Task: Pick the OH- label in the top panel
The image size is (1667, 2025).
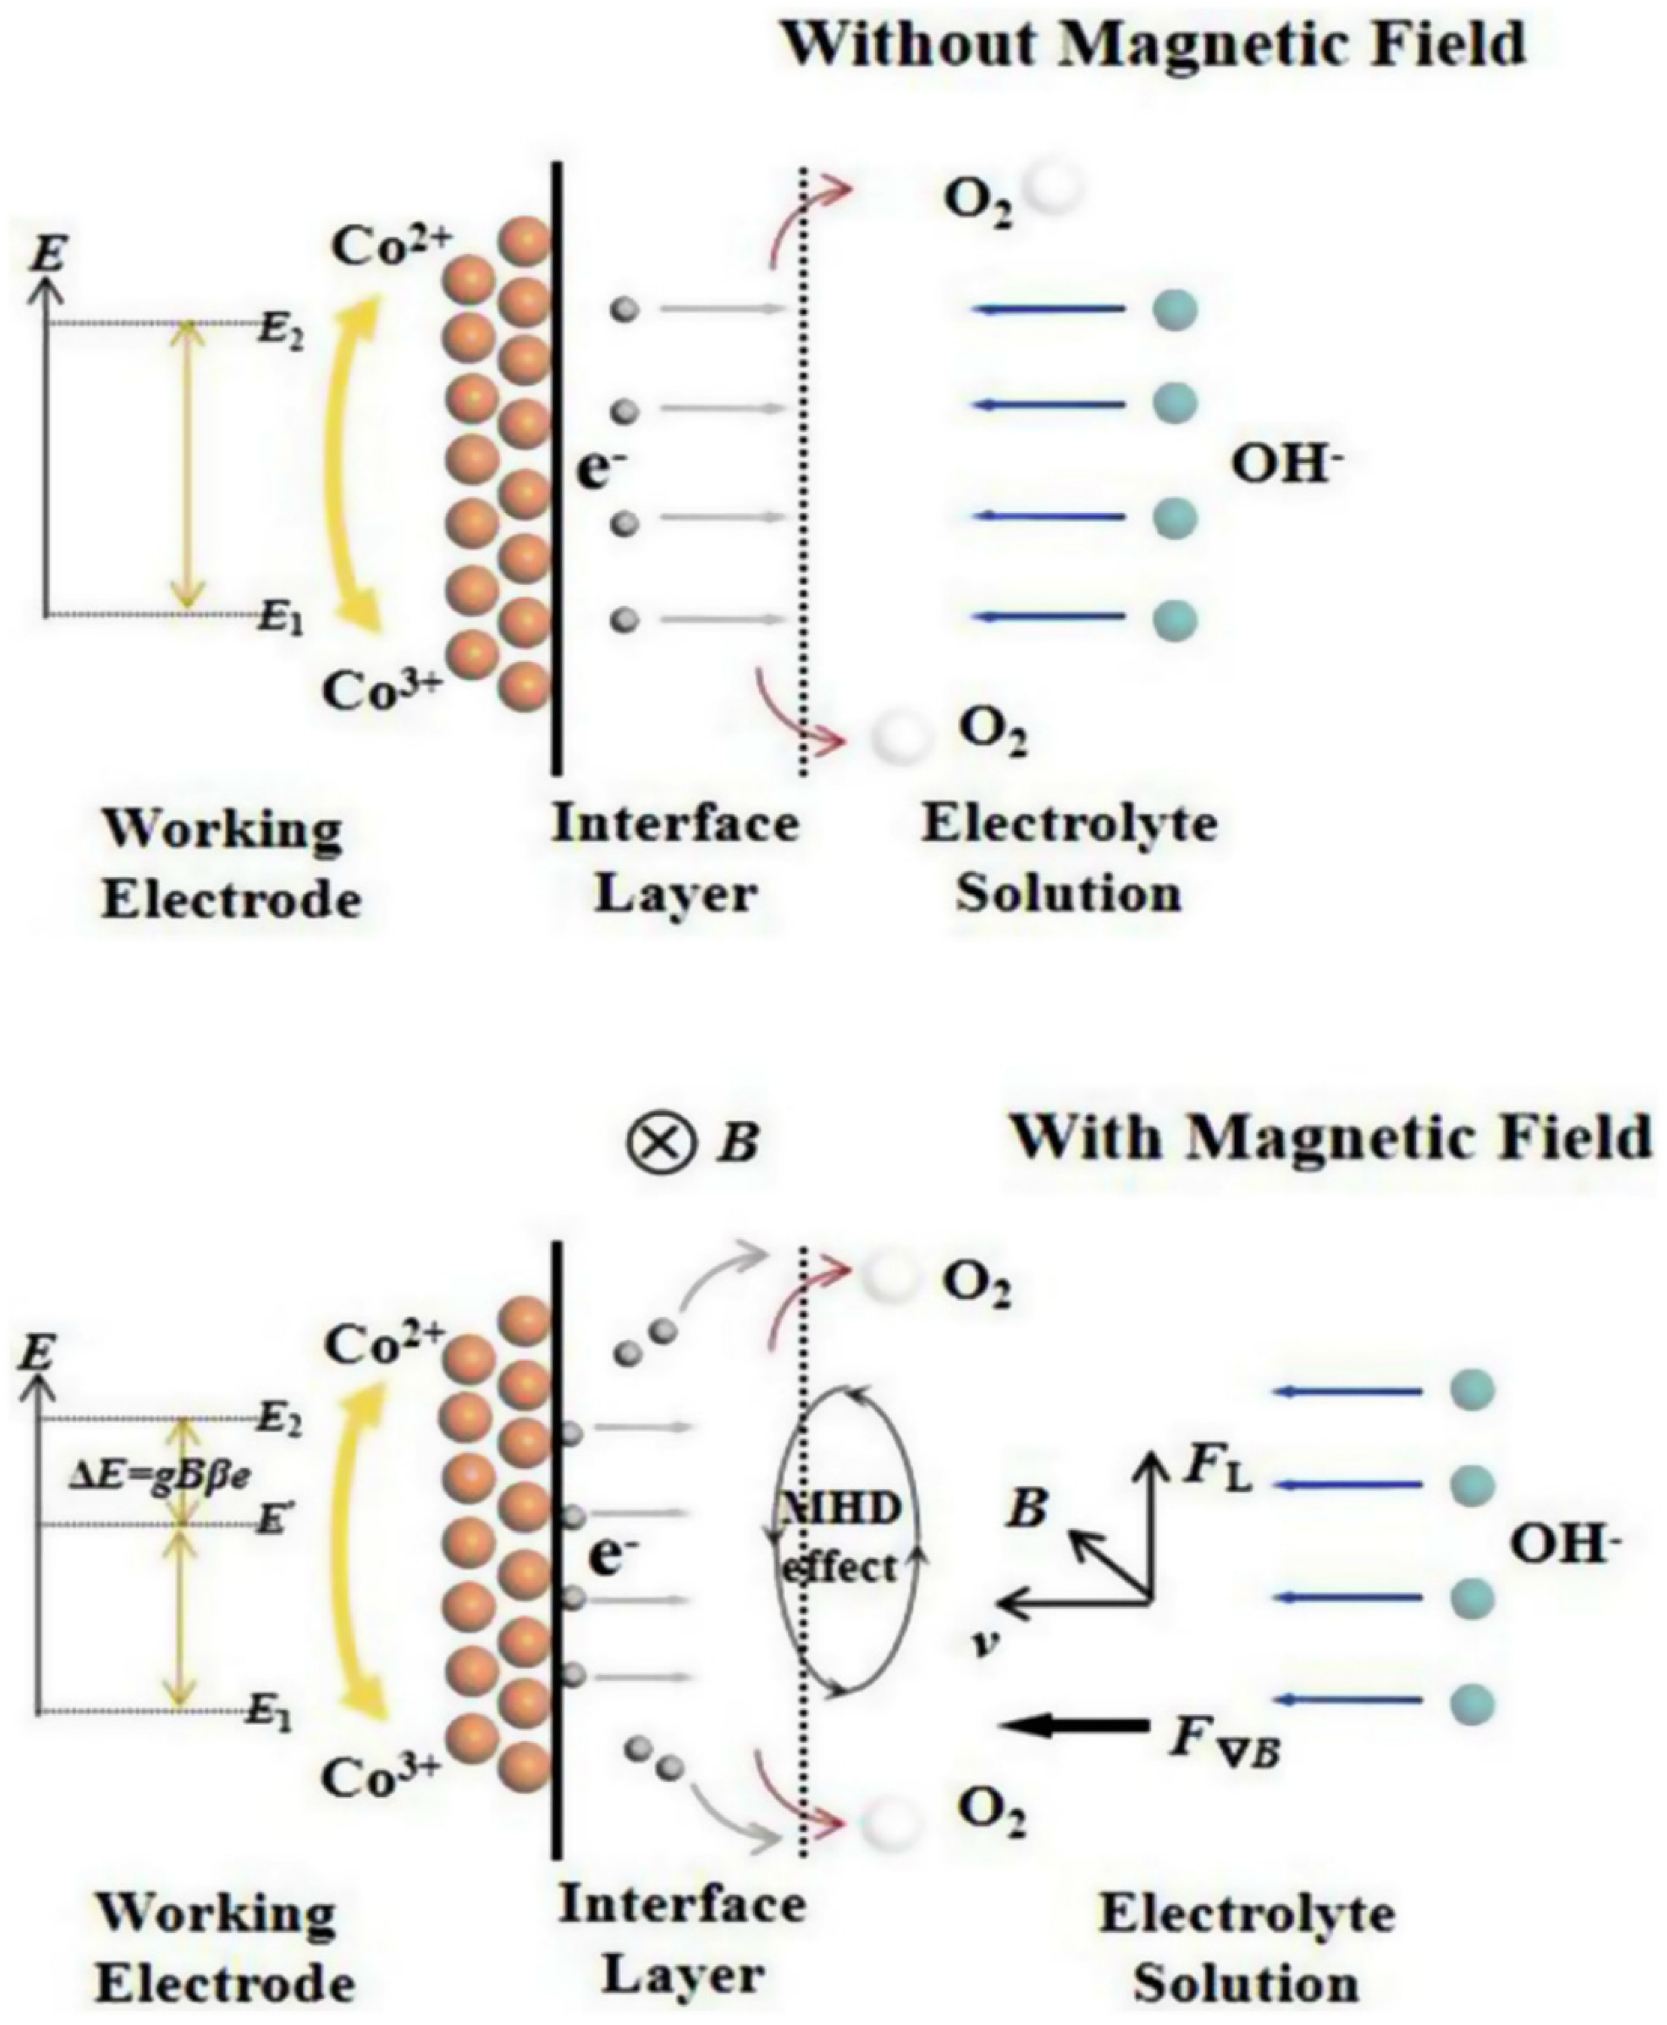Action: tap(1287, 468)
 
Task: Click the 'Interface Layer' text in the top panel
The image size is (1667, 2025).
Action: tap(676, 860)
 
